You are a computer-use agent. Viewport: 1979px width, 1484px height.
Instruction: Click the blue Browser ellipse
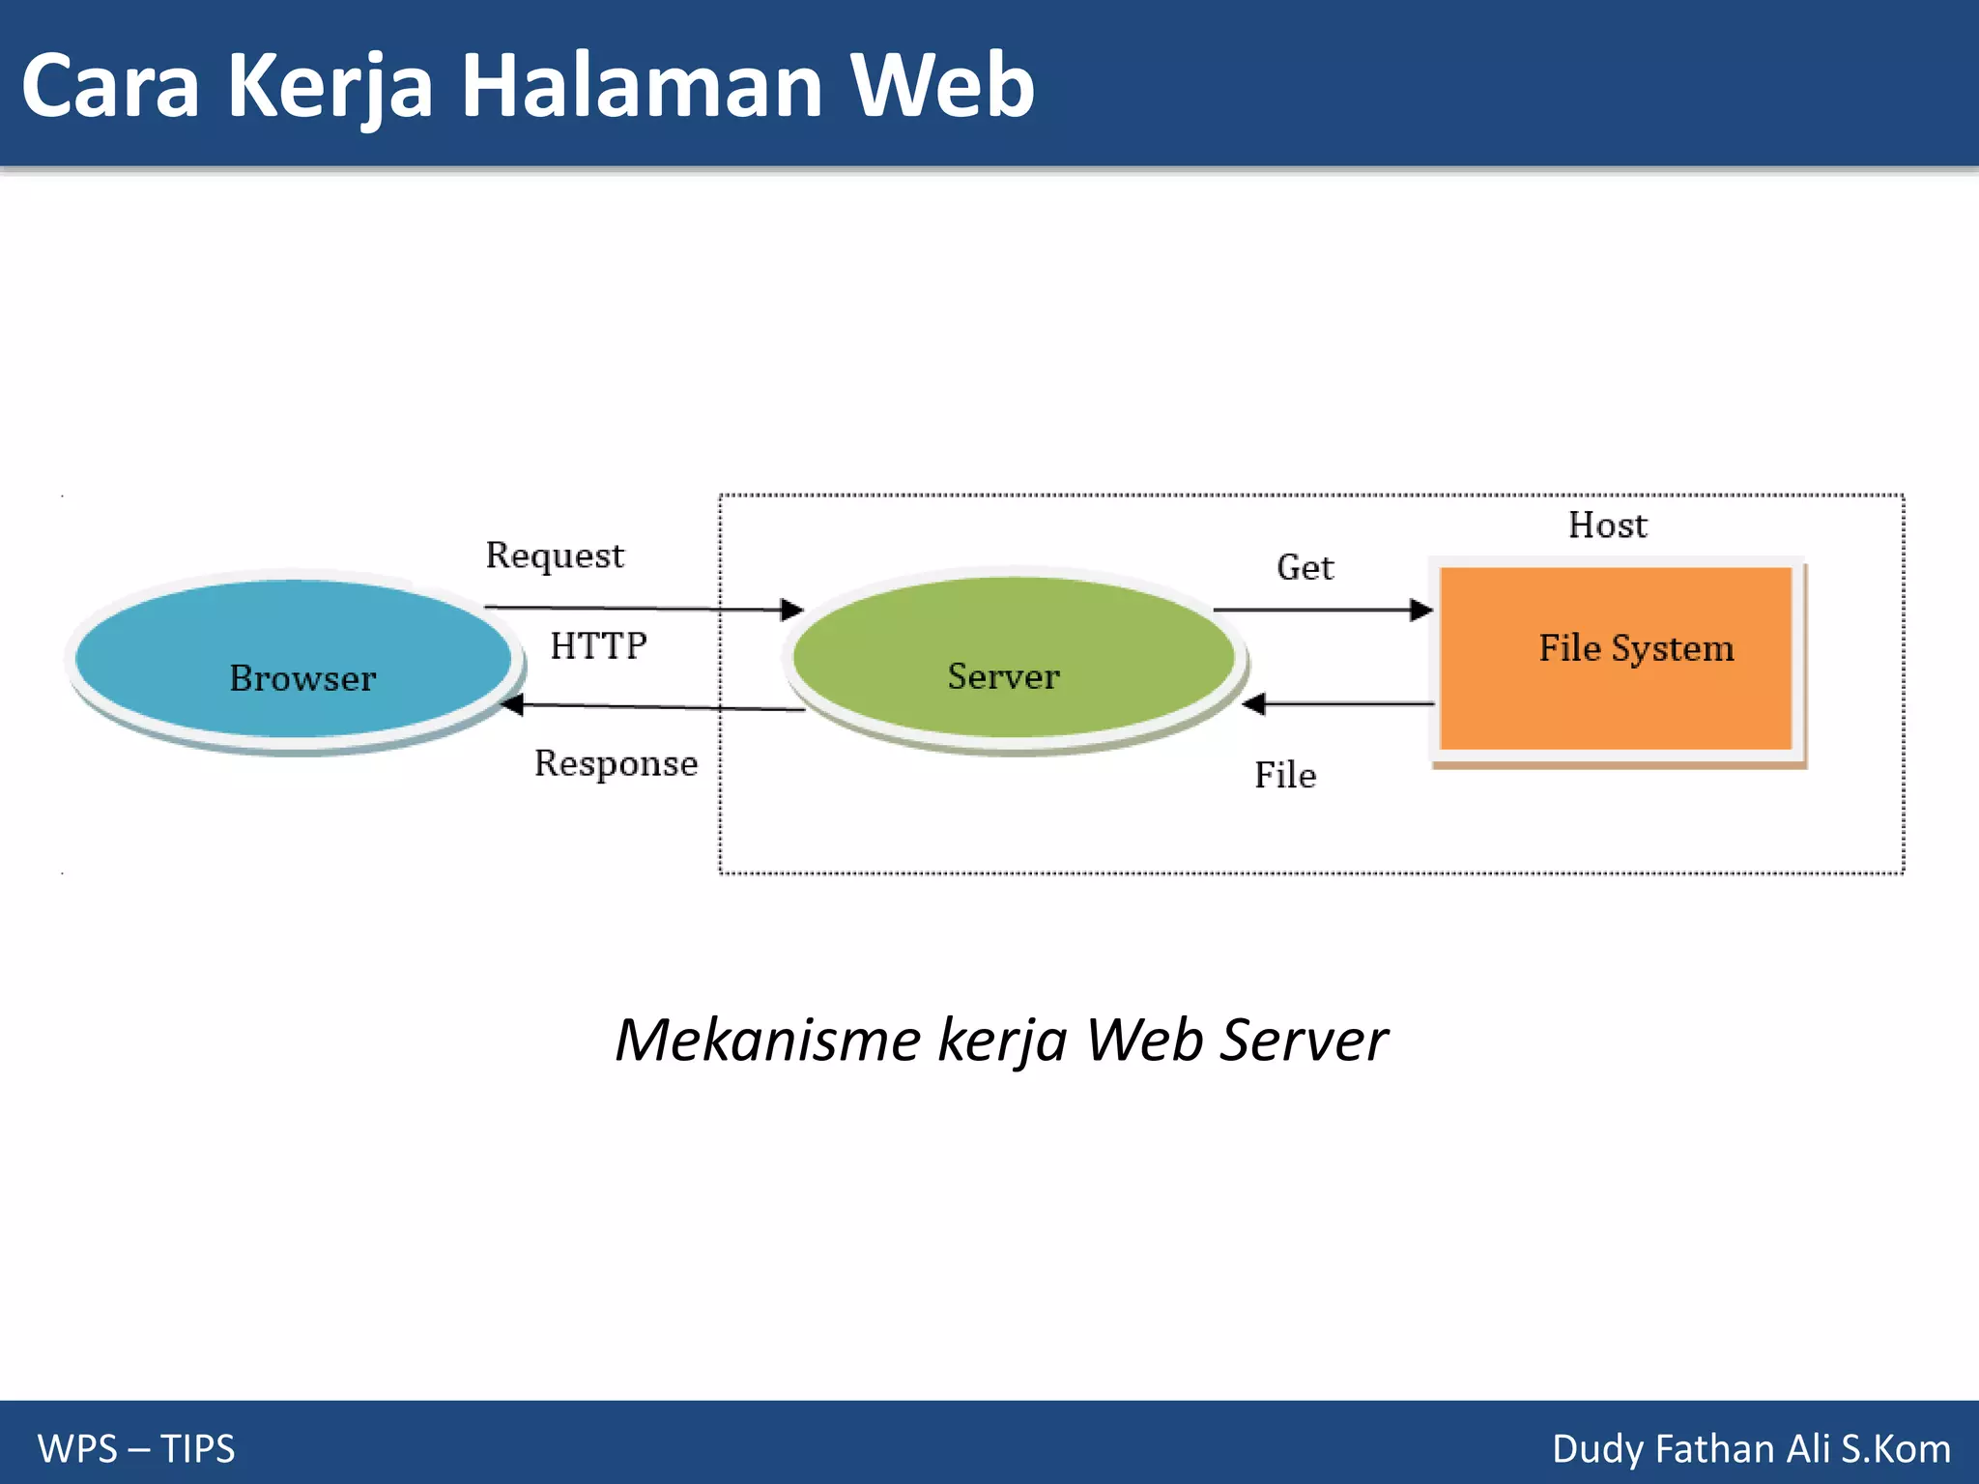click(293, 659)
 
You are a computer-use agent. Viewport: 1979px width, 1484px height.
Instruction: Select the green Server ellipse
click(1013, 657)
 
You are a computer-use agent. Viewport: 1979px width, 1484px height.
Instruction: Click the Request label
click(555, 556)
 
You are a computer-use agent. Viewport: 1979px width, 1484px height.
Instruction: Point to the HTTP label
click(598, 645)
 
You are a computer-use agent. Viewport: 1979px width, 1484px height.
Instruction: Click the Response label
click(616, 763)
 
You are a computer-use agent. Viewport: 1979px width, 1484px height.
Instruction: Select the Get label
click(1305, 567)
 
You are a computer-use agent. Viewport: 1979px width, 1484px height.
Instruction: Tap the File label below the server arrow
click(1285, 775)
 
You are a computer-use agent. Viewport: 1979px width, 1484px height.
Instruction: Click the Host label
click(1607, 525)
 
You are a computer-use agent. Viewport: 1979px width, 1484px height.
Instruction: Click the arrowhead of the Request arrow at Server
click(793, 610)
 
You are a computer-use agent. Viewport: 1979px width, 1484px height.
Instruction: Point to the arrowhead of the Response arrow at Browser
click(513, 704)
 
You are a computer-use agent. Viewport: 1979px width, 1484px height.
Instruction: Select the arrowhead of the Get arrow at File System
click(1421, 610)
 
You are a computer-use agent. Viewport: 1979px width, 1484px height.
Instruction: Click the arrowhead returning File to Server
click(1254, 703)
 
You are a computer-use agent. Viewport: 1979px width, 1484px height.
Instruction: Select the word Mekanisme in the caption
click(767, 1041)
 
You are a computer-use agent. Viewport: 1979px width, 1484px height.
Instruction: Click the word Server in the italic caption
click(1304, 1041)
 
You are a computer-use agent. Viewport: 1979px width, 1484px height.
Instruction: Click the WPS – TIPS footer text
click(136, 1448)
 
